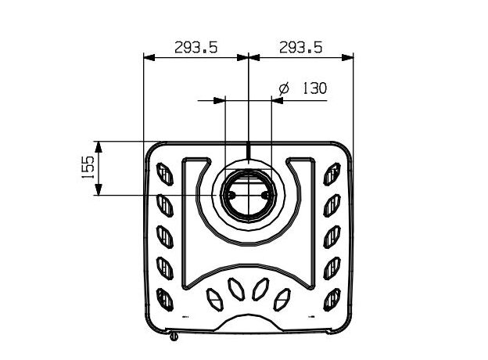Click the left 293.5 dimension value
click(x=196, y=48)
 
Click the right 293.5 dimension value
click(x=300, y=48)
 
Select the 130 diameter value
click(x=314, y=88)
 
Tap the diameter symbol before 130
click(x=284, y=88)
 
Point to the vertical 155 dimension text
click(x=88, y=167)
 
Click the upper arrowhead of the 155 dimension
click(x=99, y=146)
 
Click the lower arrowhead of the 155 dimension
click(x=99, y=189)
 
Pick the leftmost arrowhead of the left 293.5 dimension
click(x=149, y=57)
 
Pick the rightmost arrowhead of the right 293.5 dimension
click(x=348, y=57)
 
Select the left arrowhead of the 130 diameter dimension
click(x=219, y=100)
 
